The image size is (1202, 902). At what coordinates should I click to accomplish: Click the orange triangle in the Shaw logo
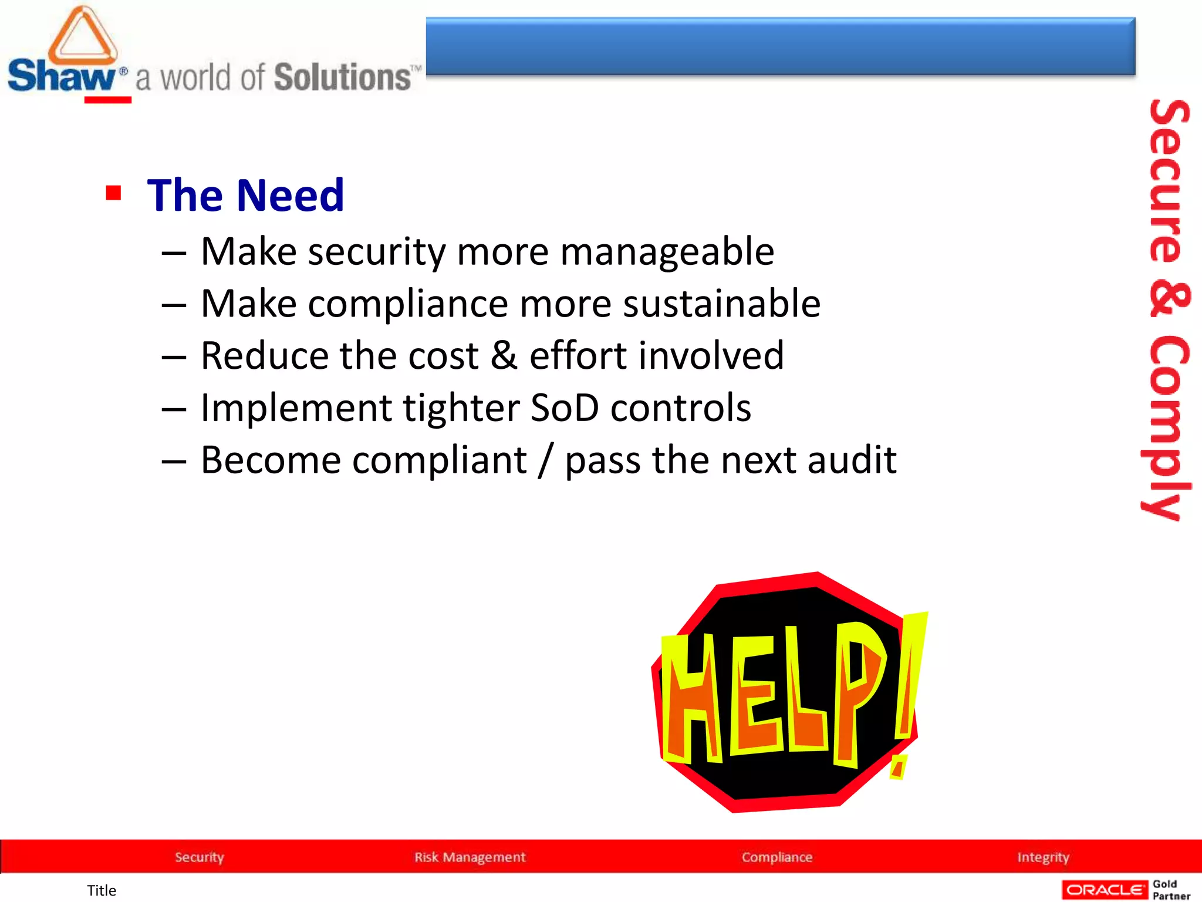click(x=82, y=37)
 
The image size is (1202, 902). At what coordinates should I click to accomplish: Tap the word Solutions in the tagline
click(x=343, y=78)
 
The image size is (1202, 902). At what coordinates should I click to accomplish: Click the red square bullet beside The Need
click(x=113, y=193)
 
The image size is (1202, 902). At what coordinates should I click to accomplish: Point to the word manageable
click(x=667, y=252)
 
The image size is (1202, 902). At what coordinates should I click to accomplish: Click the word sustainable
click(x=721, y=304)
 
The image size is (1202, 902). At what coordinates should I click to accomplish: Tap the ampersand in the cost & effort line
click(x=504, y=355)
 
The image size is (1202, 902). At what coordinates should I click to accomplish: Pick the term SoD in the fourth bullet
click(x=565, y=408)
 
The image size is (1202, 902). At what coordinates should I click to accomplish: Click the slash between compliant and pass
click(x=546, y=460)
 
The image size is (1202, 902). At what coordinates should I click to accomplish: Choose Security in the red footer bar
click(x=200, y=857)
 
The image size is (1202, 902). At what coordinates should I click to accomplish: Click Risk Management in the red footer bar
click(x=470, y=857)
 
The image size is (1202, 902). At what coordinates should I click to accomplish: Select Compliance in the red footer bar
click(x=777, y=857)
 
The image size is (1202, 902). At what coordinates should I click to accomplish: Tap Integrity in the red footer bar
click(x=1043, y=857)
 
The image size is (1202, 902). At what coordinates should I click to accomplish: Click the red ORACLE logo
click(x=1105, y=890)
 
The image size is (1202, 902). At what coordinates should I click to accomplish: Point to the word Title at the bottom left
click(x=102, y=890)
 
